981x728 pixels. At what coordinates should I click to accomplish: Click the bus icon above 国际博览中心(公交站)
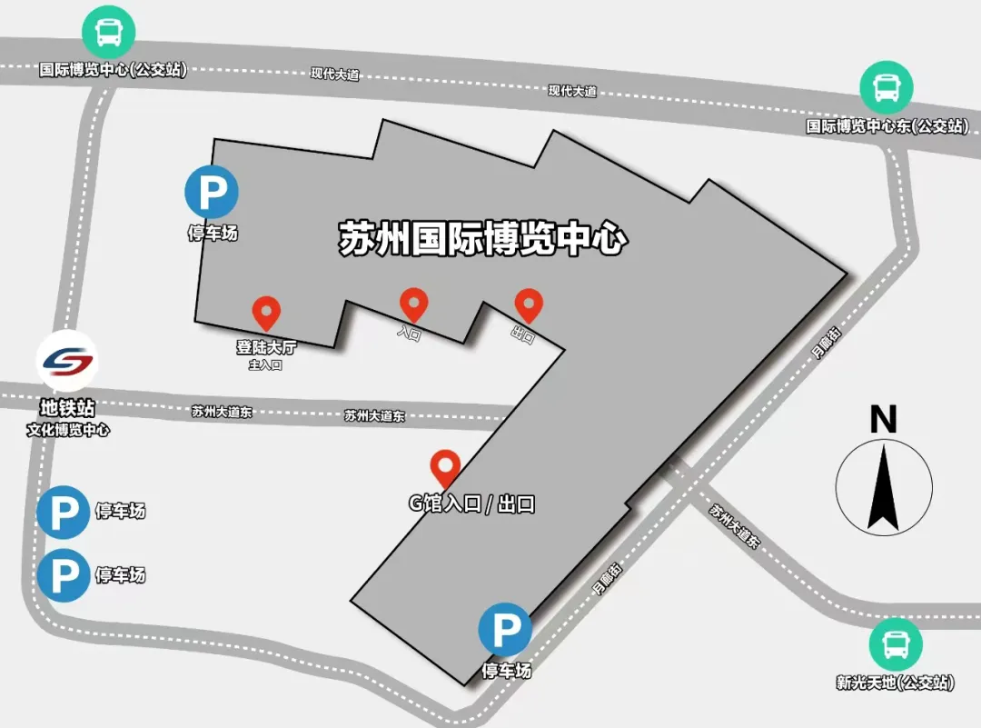tap(109, 33)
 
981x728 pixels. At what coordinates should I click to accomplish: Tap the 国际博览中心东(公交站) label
tap(887, 126)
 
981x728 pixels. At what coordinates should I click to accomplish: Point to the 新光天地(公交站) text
tap(896, 683)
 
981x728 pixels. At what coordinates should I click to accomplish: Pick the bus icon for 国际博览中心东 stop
tap(887, 87)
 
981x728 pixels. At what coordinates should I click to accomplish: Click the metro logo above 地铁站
tap(67, 361)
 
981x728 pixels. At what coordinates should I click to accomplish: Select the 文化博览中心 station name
tap(68, 430)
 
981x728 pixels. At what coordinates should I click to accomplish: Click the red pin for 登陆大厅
tap(265, 313)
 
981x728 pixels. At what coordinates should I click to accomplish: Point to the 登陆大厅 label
tap(266, 347)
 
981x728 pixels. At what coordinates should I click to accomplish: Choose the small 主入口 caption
tap(266, 365)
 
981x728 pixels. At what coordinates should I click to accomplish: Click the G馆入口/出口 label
tap(471, 504)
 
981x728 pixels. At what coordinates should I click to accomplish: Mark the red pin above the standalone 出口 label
tap(529, 304)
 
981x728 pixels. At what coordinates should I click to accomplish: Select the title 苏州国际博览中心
tap(483, 239)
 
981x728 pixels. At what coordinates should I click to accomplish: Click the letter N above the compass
tap(883, 420)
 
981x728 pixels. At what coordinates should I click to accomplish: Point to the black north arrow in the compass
tap(883, 491)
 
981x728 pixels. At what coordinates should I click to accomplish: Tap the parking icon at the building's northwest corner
tap(212, 193)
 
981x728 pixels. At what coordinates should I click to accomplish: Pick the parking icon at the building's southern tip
tap(506, 629)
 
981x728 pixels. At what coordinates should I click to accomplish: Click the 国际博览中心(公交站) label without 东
tap(113, 70)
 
